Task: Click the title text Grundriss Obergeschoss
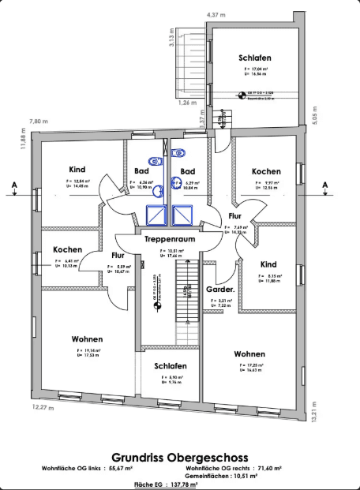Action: click(x=179, y=457)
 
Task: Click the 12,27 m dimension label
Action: click(x=43, y=408)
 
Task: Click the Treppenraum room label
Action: click(x=170, y=238)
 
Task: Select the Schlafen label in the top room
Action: click(x=255, y=58)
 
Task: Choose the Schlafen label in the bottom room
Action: click(x=171, y=366)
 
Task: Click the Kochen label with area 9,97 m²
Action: click(x=266, y=171)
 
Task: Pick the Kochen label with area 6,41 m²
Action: click(x=67, y=249)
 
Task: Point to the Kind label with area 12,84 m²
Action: click(x=77, y=170)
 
